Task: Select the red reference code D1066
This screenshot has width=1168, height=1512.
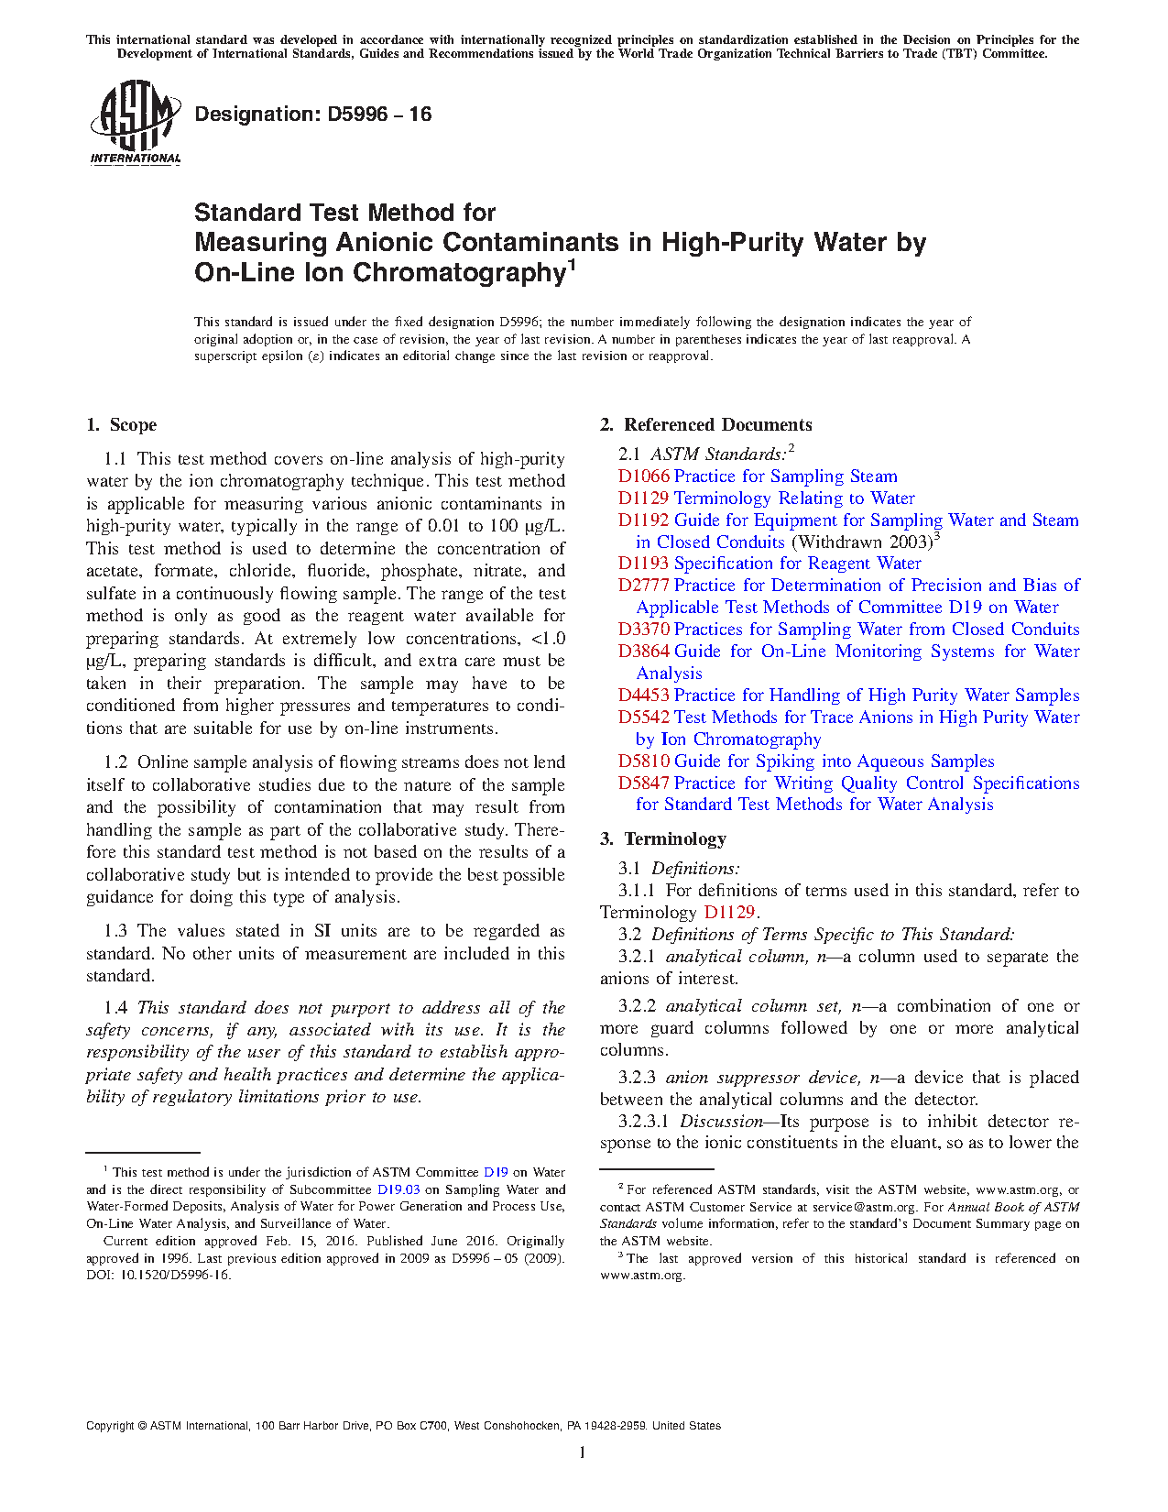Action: (x=643, y=477)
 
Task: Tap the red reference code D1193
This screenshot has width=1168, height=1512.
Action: (x=643, y=564)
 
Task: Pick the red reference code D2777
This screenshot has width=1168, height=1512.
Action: (x=643, y=586)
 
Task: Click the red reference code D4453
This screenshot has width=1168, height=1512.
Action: (x=643, y=696)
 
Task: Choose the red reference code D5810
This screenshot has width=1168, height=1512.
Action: (x=643, y=761)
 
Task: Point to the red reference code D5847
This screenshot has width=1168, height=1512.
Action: (x=643, y=783)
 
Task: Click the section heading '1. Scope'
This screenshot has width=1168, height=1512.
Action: (x=122, y=425)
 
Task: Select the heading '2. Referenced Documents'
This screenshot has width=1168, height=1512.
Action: (x=706, y=425)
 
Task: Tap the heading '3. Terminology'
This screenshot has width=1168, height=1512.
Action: (x=663, y=839)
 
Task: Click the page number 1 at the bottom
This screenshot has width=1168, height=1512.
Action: (x=583, y=1452)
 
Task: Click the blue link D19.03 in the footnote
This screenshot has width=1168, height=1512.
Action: (x=398, y=1189)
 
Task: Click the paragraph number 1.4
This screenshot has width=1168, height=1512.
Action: (x=116, y=1008)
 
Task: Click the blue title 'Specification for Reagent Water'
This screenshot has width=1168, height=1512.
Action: (x=797, y=564)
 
